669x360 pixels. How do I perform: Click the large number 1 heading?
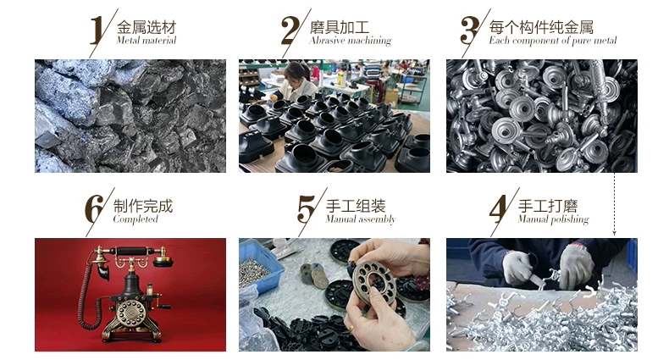97,30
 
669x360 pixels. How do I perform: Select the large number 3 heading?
469,30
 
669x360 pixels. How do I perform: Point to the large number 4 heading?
498,209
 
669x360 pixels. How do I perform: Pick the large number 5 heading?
306,209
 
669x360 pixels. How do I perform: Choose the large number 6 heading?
94,209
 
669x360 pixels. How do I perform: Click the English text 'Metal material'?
146,41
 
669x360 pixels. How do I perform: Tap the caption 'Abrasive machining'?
351,41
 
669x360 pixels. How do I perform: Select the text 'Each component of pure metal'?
552,41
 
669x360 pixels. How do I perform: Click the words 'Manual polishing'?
553,219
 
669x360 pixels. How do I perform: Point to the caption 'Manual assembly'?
361,219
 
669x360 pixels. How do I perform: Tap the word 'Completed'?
135,219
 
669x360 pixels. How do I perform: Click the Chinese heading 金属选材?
147,27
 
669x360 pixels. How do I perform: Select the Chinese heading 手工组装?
356,207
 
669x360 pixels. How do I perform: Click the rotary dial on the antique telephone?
131,313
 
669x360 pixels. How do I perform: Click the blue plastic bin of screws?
259,267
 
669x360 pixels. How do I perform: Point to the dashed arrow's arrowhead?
615,232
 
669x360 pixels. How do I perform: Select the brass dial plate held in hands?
374,282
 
